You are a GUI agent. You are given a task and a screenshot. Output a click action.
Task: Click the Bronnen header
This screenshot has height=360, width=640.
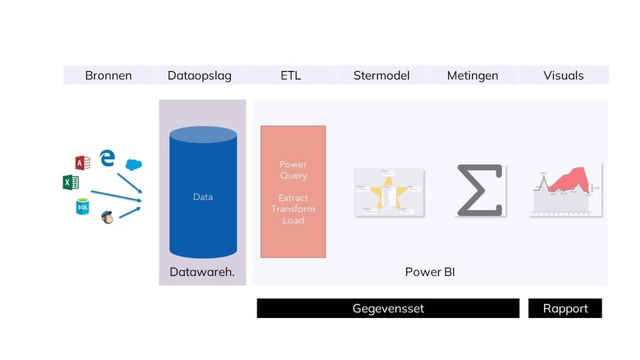(x=108, y=75)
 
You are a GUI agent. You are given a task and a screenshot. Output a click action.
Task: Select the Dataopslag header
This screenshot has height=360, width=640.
(x=199, y=75)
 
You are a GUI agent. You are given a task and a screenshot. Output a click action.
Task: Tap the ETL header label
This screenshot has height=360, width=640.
(x=290, y=75)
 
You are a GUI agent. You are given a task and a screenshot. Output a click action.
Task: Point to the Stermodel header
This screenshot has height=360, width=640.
(x=381, y=75)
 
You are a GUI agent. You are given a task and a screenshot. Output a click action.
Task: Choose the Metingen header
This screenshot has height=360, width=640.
(x=472, y=75)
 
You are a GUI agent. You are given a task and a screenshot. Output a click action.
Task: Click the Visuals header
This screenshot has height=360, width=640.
(x=563, y=75)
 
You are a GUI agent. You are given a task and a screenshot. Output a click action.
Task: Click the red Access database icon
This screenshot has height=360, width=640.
(x=82, y=163)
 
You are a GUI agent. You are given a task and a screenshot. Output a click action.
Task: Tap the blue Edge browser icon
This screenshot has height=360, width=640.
(x=107, y=157)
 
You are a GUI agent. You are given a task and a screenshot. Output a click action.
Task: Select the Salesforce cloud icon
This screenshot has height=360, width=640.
(x=134, y=164)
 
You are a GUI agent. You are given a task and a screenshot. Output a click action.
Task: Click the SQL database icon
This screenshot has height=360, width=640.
(x=82, y=206)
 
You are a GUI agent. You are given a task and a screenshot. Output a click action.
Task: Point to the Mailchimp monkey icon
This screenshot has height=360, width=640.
(x=107, y=216)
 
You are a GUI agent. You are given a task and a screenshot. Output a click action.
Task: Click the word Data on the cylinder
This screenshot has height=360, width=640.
(x=203, y=197)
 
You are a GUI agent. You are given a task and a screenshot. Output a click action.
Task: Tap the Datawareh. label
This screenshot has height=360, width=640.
(x=202, y=272)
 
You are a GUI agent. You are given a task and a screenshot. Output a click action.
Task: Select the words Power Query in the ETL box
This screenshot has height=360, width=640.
(x=293, y=170)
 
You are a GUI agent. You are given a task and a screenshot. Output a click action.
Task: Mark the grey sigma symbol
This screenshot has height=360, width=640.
(x=479, y=190)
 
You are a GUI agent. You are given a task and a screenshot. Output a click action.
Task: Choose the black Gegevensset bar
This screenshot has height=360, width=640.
(x=388, y=308)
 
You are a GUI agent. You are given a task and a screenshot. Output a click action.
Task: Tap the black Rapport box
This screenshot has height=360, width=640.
(x=565, y=308)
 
